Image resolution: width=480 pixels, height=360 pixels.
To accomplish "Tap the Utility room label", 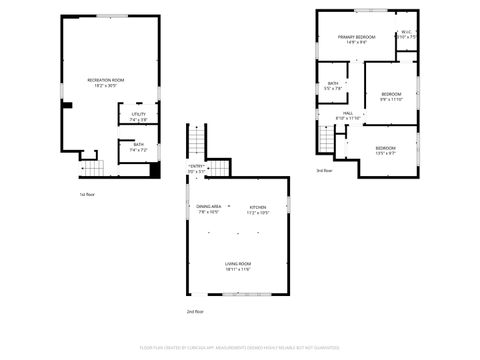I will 139,116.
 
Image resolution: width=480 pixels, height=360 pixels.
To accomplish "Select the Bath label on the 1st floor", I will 139,146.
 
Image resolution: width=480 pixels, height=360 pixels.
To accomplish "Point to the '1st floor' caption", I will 87,194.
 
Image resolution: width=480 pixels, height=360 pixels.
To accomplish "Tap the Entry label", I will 196,169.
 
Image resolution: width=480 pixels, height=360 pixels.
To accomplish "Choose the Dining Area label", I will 209,210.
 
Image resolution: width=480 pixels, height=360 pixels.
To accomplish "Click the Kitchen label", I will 258,210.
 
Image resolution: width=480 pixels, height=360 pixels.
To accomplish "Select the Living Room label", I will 238,266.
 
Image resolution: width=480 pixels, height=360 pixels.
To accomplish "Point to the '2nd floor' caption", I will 195,313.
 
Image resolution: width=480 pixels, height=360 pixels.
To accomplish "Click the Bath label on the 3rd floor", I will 332,86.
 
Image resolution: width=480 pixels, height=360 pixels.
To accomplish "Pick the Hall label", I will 347,115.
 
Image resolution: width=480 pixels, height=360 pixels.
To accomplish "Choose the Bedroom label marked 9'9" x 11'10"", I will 390,97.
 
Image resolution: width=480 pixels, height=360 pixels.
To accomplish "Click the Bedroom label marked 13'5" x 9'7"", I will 386,150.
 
